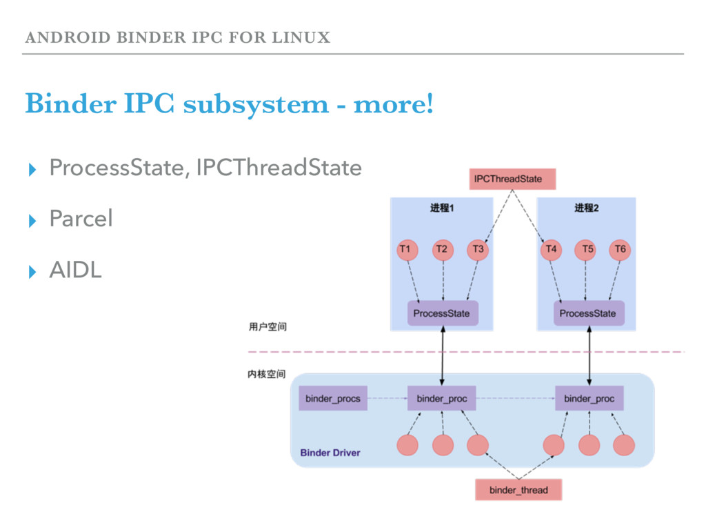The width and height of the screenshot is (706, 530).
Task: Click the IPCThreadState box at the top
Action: coord(512,179)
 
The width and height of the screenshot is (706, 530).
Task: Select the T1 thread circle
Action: coord(407,249)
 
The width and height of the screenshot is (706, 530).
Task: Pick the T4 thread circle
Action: coord(551,249)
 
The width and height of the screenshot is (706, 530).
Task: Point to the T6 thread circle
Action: coord(620,249)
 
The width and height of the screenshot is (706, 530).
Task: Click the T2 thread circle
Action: coord(443,249)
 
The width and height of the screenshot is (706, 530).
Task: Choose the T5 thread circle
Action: coord(587,249)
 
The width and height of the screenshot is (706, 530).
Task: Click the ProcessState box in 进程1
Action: coord(441,313)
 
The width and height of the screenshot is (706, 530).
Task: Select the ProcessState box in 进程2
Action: coord(588,313)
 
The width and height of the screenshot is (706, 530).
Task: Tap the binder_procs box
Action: coord(333,398)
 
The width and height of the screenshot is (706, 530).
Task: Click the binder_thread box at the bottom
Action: coord(518,490)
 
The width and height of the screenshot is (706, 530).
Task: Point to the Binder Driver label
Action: coord(330,453)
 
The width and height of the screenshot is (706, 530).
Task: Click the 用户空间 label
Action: coord(267,327)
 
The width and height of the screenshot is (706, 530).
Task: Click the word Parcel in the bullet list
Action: coord(81,219)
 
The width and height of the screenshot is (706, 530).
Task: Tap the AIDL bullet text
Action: coord(75,271)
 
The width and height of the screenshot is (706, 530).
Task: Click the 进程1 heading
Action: coord(442,208)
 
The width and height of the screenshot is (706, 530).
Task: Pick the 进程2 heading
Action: coord(587,208)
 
